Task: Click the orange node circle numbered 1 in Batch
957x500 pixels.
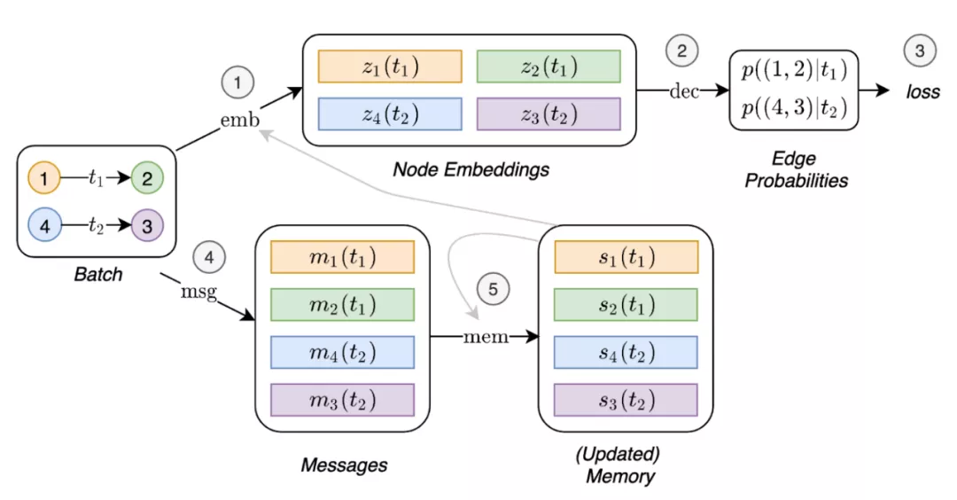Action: (44, 177)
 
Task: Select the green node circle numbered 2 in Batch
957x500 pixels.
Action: (147, 177)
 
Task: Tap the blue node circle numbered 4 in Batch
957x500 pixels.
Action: (44, 226)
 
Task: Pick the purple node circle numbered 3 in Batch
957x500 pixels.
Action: (147, 226)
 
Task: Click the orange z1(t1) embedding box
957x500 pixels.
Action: (390, 66)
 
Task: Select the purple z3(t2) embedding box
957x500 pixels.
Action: (549, 114)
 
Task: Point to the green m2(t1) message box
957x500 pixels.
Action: (342, 305)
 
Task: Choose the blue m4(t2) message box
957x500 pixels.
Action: (342, 352)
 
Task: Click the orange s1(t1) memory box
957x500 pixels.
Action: (626, 257)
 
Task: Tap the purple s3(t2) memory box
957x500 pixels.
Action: (626, 400)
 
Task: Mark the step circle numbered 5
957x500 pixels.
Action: (494, 289)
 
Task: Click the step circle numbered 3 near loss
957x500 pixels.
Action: (920, 51)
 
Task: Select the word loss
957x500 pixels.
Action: (922, 91)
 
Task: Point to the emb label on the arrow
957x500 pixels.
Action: (240, 120)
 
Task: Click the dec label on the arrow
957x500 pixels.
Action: (684, 91)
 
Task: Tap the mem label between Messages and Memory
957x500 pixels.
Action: (486, 336)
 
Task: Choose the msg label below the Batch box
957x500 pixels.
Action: (199, 291)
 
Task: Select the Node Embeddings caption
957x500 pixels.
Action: (471, 169)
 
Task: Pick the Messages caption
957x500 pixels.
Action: (344, 465)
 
